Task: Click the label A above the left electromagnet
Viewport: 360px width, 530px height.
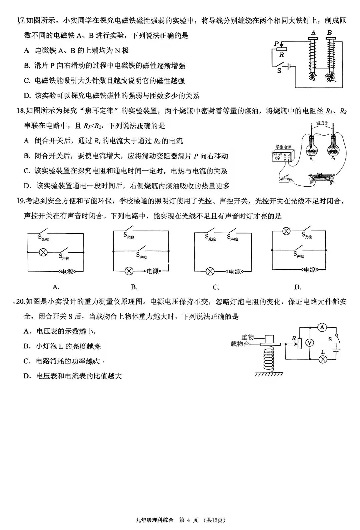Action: pyautogui.click(x=313, y=33)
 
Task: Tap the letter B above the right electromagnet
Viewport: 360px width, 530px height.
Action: pyautogui.click(x=330, y=33)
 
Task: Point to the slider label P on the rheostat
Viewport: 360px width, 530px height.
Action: pyautogui.click(x=276, y=44)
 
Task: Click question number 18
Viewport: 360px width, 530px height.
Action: pyautogui.click(x=21, y=111)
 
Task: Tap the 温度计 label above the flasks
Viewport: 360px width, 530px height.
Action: pyautogui.click(x=322, y=123)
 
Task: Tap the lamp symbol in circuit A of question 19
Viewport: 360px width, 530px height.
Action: pyautogui.click(x=43, y=252)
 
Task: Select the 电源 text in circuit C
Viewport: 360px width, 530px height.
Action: pyautogui.click(x=235, y=272)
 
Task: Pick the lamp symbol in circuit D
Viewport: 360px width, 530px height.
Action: pyautogui.click(x=286, y=231)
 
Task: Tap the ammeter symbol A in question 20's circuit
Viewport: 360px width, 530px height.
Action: pyautogui.click(x=322, y=327)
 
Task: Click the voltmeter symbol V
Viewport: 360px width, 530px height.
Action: pyautogui.click(x=310, y=342)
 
